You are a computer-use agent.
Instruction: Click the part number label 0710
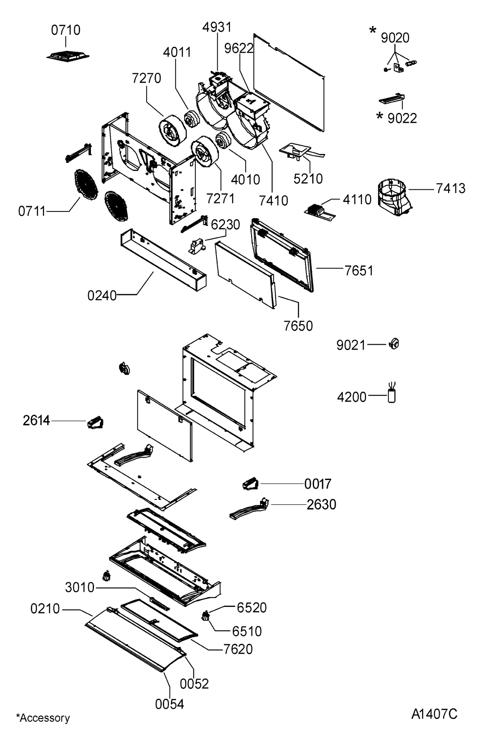click(x=66, y=30)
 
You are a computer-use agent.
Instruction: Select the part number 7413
click(x=450, y=189)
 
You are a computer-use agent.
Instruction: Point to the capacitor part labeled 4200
click(x=392, y=394)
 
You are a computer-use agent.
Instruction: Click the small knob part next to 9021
click(x=394, y=344)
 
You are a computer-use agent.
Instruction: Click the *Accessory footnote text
click(x=43, y=718)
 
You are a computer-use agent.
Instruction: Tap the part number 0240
click(x=102, y=296)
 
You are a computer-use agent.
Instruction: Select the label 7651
click(x=359, y=271)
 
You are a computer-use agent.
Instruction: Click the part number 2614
click(x=36, y=421)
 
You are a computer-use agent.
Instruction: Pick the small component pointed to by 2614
click(x=95, y=423)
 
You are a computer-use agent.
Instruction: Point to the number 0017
click(x=318, y=484)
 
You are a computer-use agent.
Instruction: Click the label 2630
click(x=321, y=504)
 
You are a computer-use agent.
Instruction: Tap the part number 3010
click(x=80, y=588)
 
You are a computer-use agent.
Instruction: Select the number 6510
click(x=247, y=632)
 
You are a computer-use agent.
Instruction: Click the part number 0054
click(x=169, y=704)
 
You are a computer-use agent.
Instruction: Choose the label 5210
click(x=308, y=179)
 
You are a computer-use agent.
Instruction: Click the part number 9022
click(x=402, y=118)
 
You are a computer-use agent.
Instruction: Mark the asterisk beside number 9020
click(x=373, y=31)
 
